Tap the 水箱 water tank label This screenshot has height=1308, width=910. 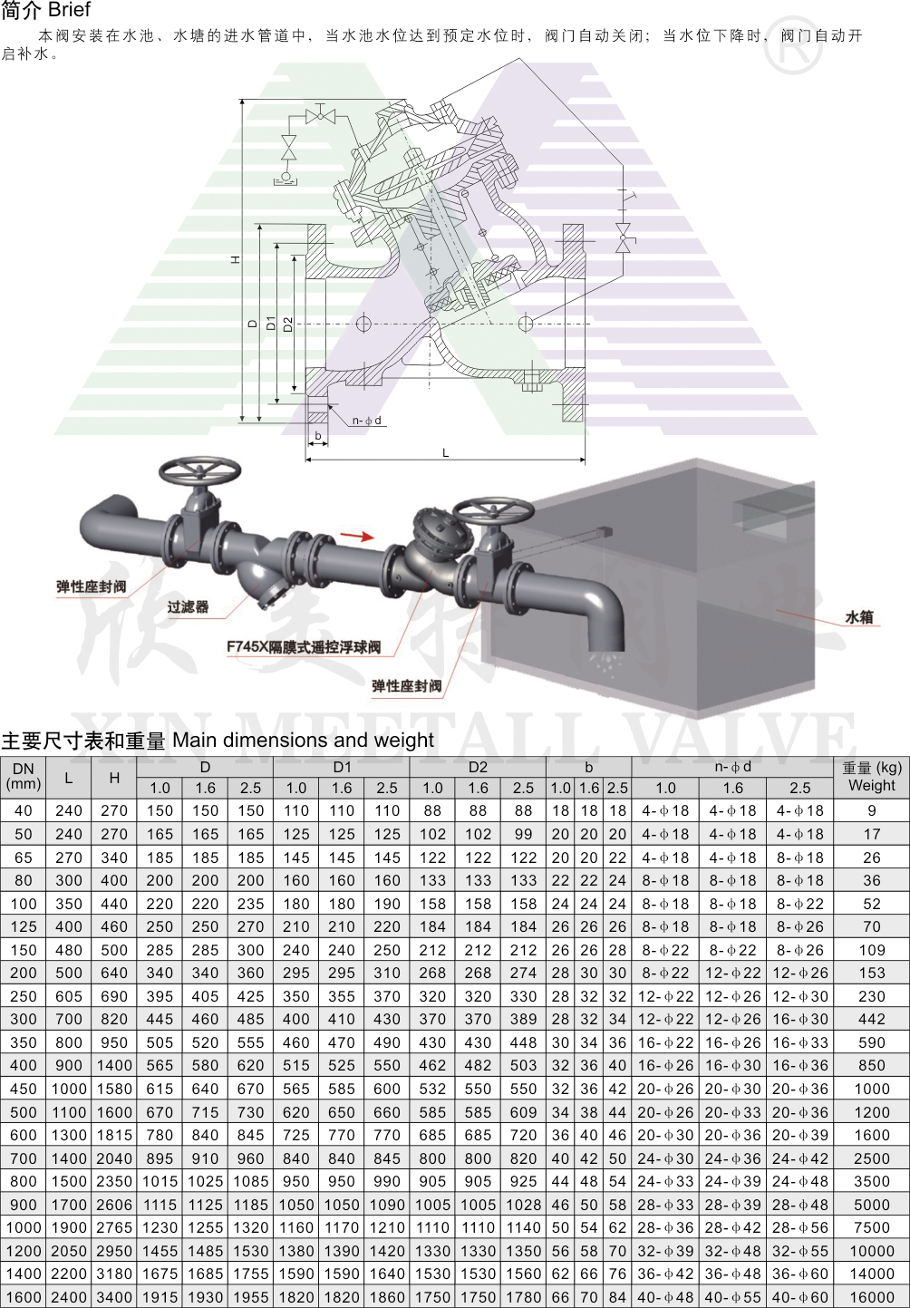tap(859, 617)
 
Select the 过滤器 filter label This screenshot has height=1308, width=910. tap(188, 607)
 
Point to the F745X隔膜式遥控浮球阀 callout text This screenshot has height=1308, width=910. tap(304, 647)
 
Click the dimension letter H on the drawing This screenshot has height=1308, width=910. tap(236, 259)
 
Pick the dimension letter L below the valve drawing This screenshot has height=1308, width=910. tap(445, 452)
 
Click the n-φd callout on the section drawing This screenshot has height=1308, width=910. tap(366, 421)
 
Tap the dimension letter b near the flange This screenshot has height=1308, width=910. tap(318, 435)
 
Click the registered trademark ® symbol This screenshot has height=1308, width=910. tap(793, 45)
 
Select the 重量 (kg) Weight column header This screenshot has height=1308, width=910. tap(872, 777)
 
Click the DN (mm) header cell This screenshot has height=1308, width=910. tap(24, 777)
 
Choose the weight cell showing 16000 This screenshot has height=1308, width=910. tap(872, 1296)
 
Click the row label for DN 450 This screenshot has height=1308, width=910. tap(24, 1089)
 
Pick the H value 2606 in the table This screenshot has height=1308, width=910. tap(114, 1204)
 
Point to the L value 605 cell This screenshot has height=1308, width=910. tap(69, 996)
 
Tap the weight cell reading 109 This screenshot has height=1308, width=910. tap(872, 950)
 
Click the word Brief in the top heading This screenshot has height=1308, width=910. tap(70, 9)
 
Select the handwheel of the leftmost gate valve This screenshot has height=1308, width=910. tap(199, 470)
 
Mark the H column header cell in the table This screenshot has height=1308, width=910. tap(114, 778)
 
